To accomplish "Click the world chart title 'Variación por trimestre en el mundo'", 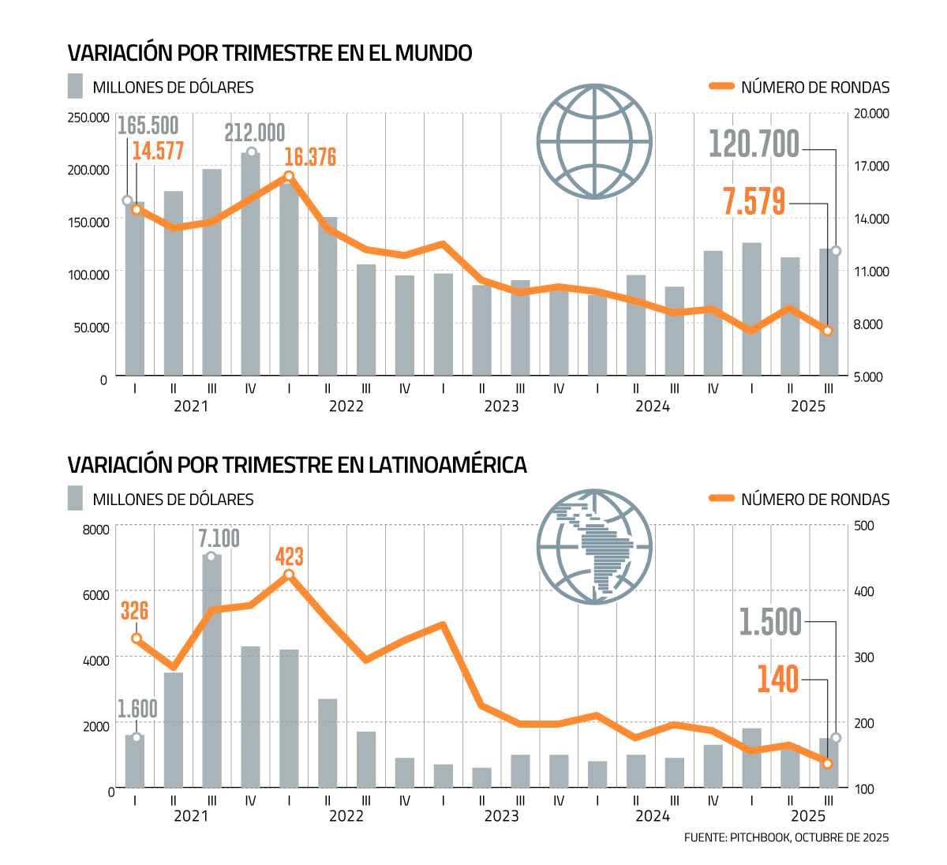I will point(270,53).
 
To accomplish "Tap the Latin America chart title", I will point(297,465).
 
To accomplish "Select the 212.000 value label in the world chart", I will point(254,133).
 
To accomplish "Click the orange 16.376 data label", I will point(310,157).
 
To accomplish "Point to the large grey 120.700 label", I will point(754,144).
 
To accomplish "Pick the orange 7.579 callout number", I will point(754,201).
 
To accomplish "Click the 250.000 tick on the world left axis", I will point(88,118).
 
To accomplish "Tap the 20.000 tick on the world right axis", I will point(871,114).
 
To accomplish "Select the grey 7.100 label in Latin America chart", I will point(219,538).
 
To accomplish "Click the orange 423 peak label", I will point(289,556).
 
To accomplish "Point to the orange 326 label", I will point(134,611).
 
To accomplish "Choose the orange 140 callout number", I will point(777,680).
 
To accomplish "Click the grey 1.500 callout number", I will point(770,622).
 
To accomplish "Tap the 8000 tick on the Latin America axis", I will point(95,530).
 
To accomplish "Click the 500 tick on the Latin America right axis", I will point(864,526).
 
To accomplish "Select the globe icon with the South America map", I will point(594,546).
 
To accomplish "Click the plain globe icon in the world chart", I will point(594,142).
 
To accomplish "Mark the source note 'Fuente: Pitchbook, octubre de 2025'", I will point(786,837).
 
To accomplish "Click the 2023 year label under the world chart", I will point(501,406).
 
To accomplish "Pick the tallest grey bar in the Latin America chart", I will point(211,671).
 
